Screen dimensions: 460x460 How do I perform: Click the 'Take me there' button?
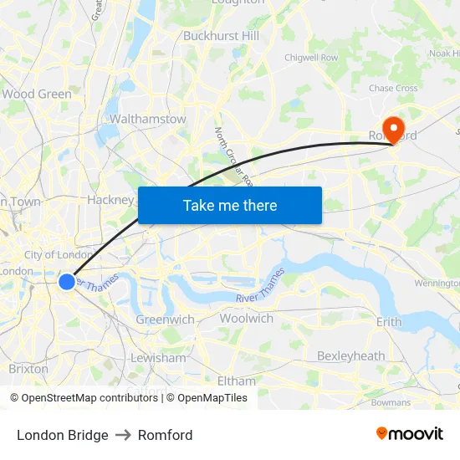point(230,205)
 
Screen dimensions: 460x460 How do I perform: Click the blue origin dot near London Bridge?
point(67,281)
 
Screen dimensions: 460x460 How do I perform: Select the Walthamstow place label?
point(148,119)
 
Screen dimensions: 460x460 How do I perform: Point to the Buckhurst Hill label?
point(222,36)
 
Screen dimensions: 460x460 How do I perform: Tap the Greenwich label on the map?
point(165,319)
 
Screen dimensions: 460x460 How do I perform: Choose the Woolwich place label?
point(247,319)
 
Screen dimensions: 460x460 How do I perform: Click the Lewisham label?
point(158,357)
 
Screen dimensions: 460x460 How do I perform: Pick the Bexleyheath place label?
point(350,355)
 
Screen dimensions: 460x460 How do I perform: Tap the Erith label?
point(389,321)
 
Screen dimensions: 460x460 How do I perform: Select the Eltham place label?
point(236,381)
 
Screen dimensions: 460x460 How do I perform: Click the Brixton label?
point(28,369)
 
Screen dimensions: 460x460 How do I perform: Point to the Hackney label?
point(110,200)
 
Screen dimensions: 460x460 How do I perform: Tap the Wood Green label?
point(37,94)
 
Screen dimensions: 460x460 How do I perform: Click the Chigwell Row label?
point(311,58)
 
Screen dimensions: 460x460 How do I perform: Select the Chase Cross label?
point(393,88)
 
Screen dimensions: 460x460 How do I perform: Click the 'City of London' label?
point(59,254)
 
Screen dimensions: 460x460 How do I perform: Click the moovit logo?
point(410,434)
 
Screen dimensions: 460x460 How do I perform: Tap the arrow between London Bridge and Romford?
point(123,435)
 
